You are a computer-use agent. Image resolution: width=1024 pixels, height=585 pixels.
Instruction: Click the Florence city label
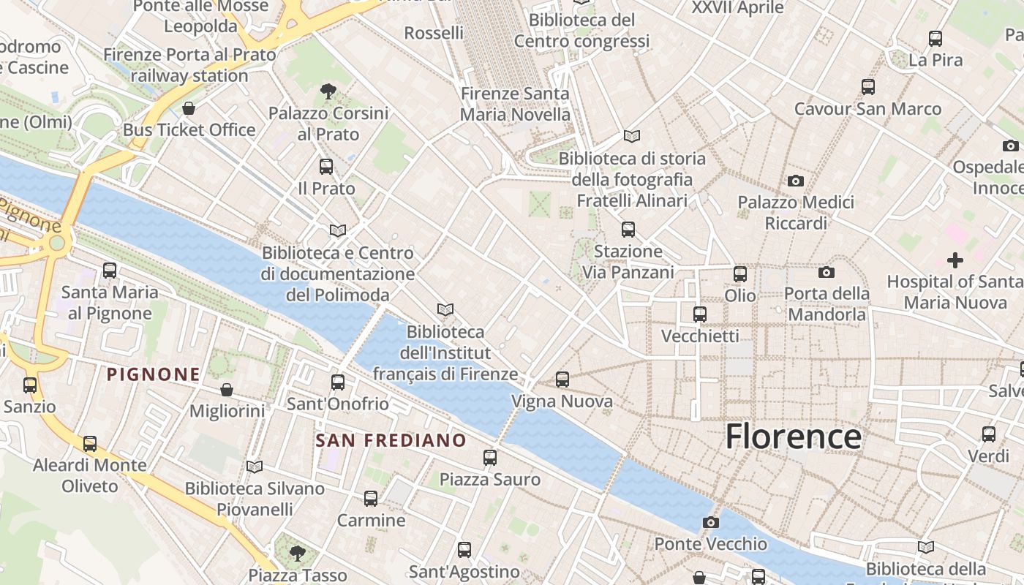[794, 437]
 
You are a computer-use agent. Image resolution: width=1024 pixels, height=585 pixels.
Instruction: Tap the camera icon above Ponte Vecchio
[710, 522]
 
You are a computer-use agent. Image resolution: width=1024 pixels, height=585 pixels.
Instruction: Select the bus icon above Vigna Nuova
[562, 380]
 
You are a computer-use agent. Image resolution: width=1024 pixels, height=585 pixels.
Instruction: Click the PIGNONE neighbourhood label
[154, 375]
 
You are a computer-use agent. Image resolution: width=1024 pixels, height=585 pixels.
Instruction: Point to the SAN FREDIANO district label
[391, 440]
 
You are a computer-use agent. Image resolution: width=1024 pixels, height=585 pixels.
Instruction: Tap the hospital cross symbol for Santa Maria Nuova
[955, 260]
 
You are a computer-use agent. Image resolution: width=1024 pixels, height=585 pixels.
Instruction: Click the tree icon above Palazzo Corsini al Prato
[328, 91]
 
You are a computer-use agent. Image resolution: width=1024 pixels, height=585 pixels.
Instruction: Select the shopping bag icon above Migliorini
[227, 390]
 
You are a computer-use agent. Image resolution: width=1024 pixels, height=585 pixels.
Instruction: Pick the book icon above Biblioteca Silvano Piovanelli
[255, 467]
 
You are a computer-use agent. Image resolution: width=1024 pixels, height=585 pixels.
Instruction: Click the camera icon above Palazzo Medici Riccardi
[796, 181]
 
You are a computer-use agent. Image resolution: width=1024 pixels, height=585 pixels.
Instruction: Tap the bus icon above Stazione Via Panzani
[628, 230]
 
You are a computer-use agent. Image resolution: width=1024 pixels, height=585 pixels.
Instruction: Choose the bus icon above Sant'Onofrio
[337, 382]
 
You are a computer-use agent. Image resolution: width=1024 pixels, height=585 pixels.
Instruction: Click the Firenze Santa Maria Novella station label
[515, 104]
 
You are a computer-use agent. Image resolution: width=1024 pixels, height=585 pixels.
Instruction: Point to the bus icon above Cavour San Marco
[868, 87]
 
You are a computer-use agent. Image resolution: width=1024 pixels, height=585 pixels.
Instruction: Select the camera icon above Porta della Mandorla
[827, 273]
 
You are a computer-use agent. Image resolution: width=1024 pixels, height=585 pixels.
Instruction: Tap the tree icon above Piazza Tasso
[297, 553]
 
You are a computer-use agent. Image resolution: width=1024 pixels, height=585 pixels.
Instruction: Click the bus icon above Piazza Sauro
[490, 458]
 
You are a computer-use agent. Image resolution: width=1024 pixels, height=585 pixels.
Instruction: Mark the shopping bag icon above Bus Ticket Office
[189, 108]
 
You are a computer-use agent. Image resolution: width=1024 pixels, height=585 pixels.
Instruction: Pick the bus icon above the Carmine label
[371, 499]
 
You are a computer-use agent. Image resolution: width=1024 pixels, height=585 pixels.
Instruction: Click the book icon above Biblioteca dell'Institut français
[445, 310]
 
